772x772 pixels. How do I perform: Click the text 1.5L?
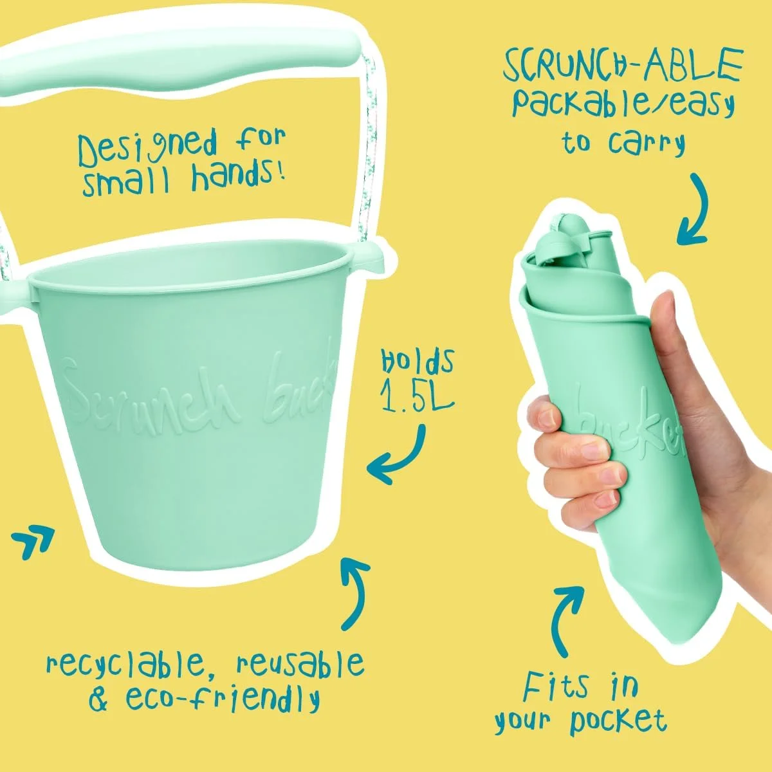tap(418, 388)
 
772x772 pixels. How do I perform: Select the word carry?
tap(647, 143)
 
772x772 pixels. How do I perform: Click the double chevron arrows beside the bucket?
tap(33, 541)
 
